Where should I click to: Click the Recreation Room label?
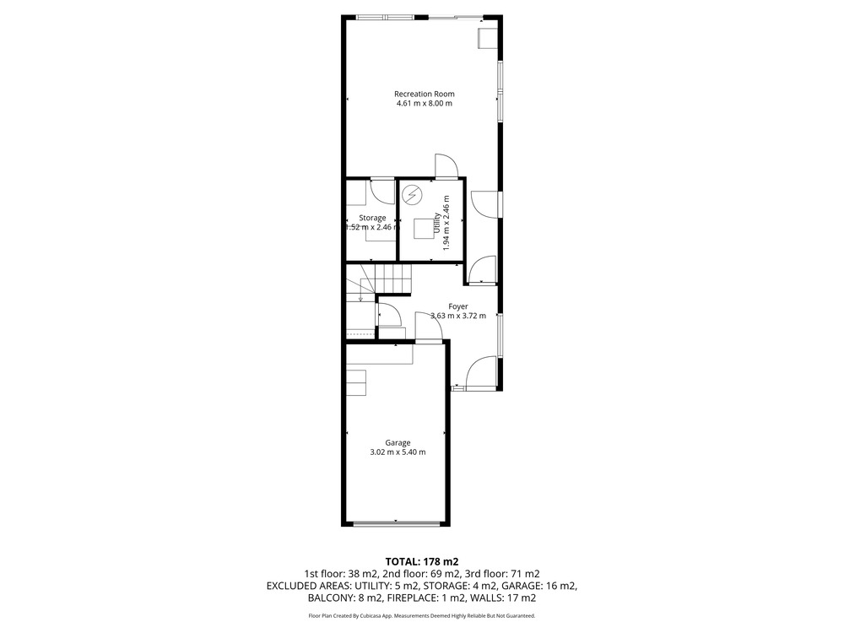[425, 95]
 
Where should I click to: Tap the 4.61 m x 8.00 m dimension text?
[425, 103]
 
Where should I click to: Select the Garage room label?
[398, 443]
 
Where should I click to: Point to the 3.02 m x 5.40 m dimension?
[398, 452]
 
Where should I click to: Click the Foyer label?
[458, 307]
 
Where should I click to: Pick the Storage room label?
[372, 218]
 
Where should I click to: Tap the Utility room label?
[436, 225]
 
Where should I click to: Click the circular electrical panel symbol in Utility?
[413, 194]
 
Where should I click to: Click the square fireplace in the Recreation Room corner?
[488, 38]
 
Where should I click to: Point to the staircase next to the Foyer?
[378, 284]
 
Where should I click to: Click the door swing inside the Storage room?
[382, 192]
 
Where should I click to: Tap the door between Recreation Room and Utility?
[446, 165]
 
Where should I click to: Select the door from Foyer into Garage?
[429, 326]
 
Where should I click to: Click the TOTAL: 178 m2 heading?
[422, 562]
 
